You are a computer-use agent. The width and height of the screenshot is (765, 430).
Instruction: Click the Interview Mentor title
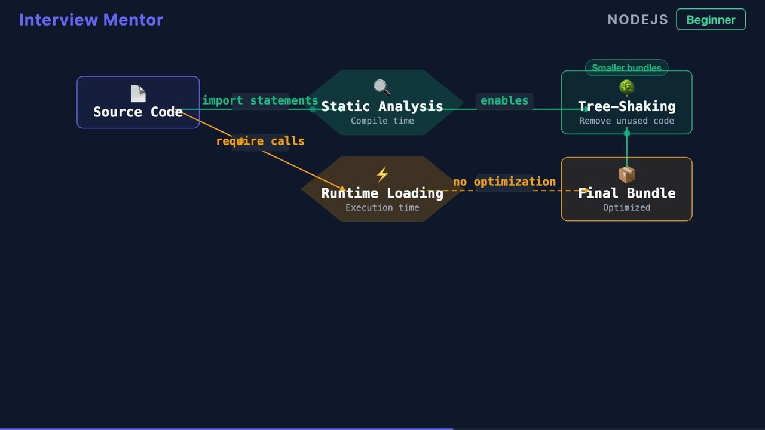click(x=91, y=20)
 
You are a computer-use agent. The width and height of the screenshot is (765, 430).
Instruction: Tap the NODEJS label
click(x=637, y=20)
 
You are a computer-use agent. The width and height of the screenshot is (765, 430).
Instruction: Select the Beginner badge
click(x=711, y=20)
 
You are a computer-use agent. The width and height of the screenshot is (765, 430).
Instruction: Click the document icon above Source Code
click(x=138, y=94)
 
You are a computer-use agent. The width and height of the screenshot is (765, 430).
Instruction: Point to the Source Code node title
click(x=138, y=112)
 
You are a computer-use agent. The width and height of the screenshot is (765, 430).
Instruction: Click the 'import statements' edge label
click(x=260, y=100)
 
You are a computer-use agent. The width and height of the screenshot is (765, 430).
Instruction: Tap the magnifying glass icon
click(x=382, y=88)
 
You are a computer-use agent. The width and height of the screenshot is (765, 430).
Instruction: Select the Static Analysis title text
click(x=382, y=106)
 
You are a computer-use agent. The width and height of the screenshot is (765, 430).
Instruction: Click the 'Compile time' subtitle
click(x=382, y=121)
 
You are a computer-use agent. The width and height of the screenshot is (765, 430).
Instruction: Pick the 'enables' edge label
click(x=504, y=100)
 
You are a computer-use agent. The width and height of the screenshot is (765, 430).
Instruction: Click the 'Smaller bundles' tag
click(x=626, y=68)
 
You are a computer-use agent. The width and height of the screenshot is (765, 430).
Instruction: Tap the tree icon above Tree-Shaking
click(x=626, y=88)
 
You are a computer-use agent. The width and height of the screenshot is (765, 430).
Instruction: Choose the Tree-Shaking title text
click(x=626, y=106)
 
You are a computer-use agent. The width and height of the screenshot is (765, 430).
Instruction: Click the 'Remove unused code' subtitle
click(x=626, y=121)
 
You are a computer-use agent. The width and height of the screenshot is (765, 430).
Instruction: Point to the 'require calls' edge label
click(x=260, y=141)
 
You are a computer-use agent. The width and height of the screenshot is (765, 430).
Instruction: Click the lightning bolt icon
click(x=382, y=174)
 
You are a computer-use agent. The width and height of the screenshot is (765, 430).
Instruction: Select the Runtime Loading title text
click(x=382, y=193)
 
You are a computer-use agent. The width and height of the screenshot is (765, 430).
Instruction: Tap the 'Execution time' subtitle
click(x=382, y=208)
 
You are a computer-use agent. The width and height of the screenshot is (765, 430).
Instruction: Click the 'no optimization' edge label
click(x=504, y=182)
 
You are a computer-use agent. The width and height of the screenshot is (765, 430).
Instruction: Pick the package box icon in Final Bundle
click(x=626, y=174)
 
